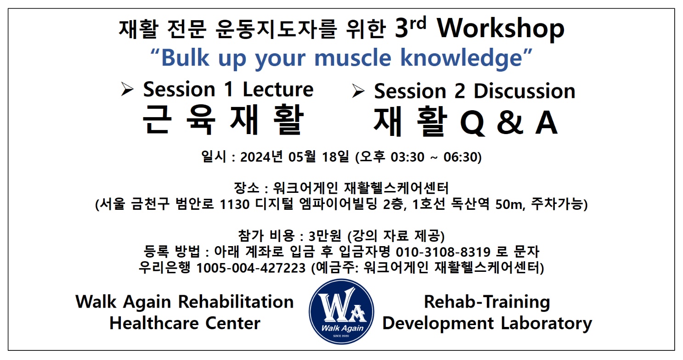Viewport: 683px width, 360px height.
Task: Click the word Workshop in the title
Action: [500, 29]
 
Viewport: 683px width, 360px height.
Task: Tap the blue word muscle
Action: [353, 57]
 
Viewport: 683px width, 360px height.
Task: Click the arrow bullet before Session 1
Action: [127, 89]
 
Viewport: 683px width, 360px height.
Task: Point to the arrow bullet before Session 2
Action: [358, 91]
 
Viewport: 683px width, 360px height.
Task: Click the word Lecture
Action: [278, 90]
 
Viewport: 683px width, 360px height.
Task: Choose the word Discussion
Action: [524, 91]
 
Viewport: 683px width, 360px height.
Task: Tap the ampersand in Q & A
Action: [510, 123]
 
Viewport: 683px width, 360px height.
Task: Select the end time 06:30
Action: [460, 157]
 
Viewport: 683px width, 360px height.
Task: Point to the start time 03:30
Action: [407, 157]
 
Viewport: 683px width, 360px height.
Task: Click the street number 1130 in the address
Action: [235, 204]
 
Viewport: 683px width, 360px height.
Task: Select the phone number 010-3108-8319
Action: [443, 252]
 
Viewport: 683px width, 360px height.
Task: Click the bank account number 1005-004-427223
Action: [251, 268]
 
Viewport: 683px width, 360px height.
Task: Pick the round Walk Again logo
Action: [342, 311]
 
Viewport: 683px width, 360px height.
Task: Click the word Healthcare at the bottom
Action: [153, 323]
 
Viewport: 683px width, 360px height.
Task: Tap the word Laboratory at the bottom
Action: [547, 324]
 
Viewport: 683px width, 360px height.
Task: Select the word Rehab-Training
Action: [487, 302]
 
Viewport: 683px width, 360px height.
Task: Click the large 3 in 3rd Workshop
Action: [401, 29]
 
